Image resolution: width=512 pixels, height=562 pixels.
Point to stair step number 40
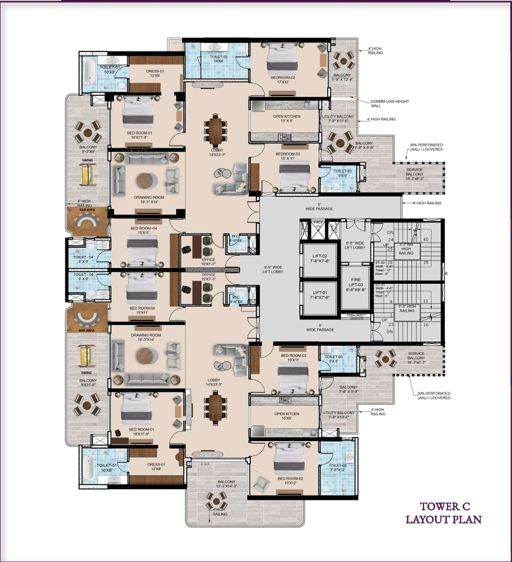[x=426, y=240]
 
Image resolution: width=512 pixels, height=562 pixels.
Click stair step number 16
[x=426, y=325]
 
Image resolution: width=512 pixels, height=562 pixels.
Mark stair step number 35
[x=426, y=263]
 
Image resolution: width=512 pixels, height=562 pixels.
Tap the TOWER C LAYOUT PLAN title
[x=444, y=513]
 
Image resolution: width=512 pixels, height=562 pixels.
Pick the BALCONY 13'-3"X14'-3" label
[x=226, y=484]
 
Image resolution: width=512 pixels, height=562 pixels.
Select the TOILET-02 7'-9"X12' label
[x=336, y=468]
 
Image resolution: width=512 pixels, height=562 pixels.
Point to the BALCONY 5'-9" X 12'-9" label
[x=342, y=77]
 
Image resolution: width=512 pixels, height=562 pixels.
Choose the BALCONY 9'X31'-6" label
[x=87, y=383]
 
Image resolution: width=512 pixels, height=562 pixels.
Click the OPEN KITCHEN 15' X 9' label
[x=287, y=119]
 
